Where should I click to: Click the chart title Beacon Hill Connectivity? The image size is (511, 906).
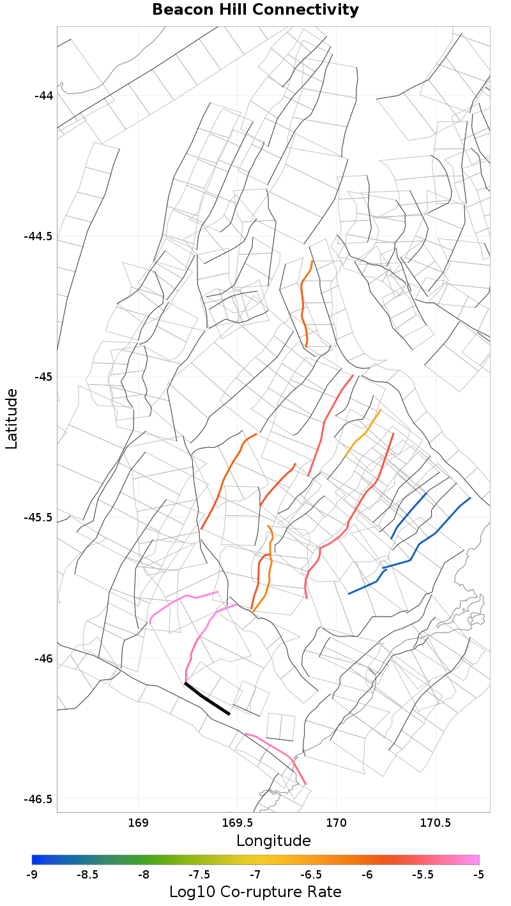click(256, 10)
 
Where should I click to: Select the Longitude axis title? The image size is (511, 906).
click(273, 840)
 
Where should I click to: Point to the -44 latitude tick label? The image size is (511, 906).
click(44, 96)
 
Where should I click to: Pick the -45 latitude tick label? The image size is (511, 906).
click(44, 377)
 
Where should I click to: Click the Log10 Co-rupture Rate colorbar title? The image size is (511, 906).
click(256, 892)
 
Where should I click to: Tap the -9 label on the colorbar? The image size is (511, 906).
click(32, 874)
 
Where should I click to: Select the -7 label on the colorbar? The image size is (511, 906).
click(256, 874)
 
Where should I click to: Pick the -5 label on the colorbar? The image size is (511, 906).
click(478, 874)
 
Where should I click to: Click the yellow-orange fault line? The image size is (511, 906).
click(363, 434)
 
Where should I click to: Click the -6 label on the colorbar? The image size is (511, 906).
click(367, 874)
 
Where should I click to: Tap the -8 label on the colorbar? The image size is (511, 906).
click(144, 874)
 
